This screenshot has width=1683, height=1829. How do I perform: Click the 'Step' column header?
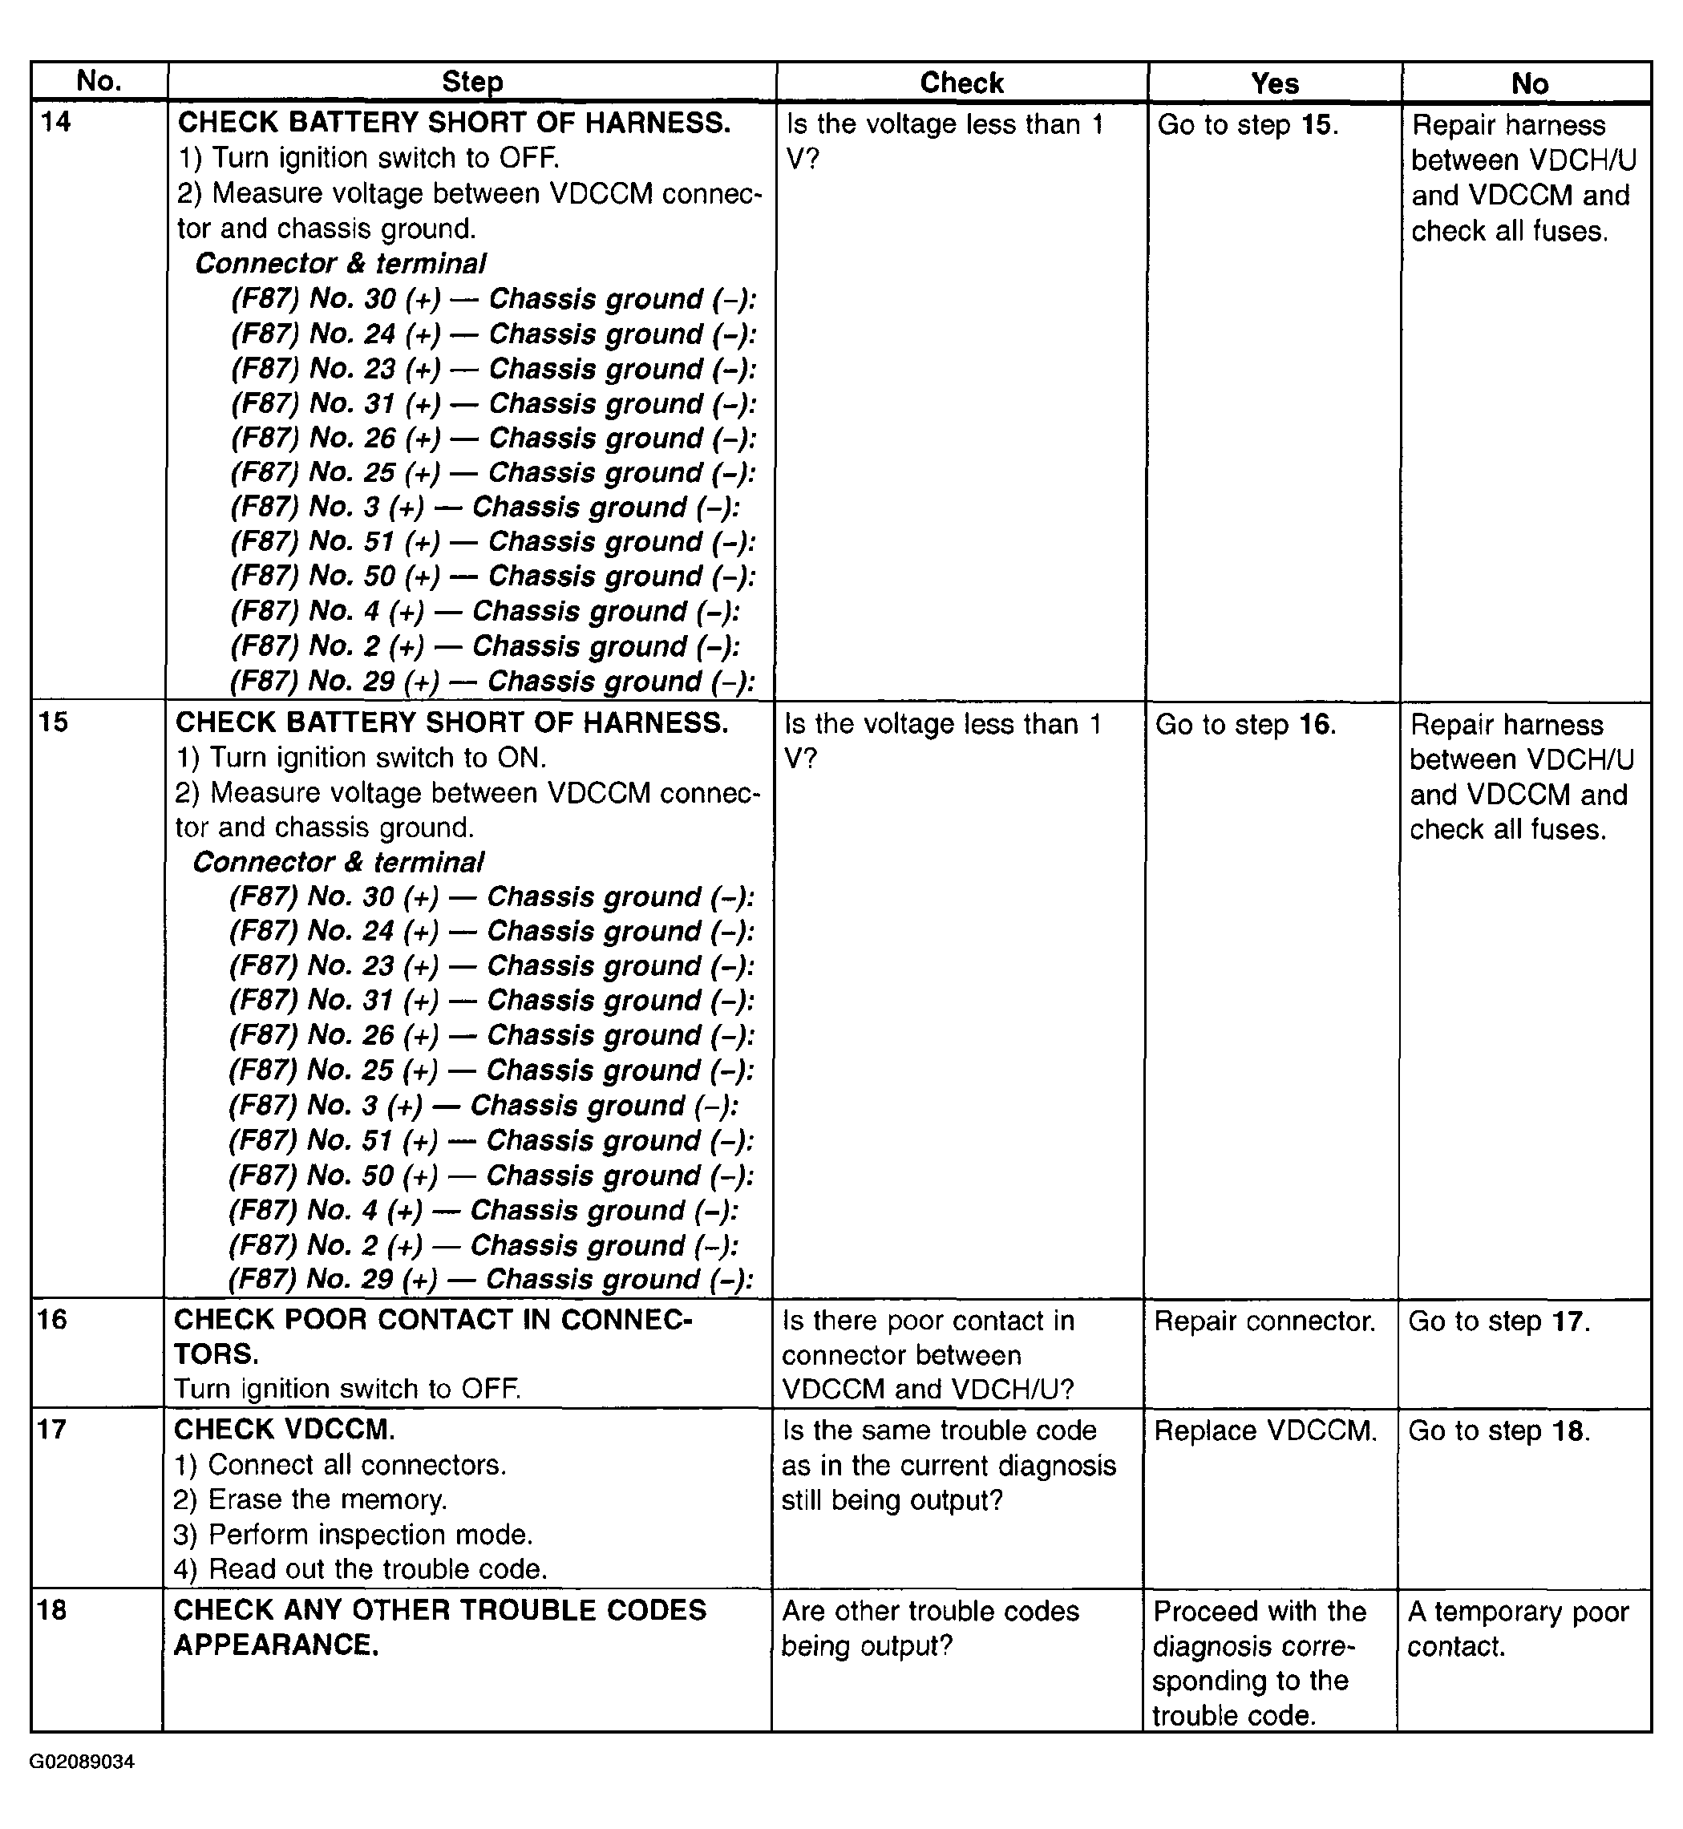[471, 82]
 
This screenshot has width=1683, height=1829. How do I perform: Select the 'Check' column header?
[961, 83]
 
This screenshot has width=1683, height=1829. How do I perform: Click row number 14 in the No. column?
[55, 121]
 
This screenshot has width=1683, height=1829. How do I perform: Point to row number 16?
[53, 1319]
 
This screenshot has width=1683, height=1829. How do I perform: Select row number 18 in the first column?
[53, 1609]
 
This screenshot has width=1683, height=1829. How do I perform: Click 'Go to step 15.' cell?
[1248, 125]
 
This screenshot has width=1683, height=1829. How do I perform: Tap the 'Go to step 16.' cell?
[1245, 724]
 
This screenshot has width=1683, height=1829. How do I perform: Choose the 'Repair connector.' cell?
[1264, 1321]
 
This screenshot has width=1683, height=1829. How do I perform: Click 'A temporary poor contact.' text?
[1517, 1629]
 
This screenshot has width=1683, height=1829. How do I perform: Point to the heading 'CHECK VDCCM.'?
[284, 1429]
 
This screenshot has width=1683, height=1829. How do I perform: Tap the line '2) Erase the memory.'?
[309, 1499]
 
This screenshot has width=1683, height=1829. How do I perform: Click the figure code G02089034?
[82, 1762]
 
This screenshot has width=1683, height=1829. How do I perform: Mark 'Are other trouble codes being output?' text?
[930, 1629]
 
